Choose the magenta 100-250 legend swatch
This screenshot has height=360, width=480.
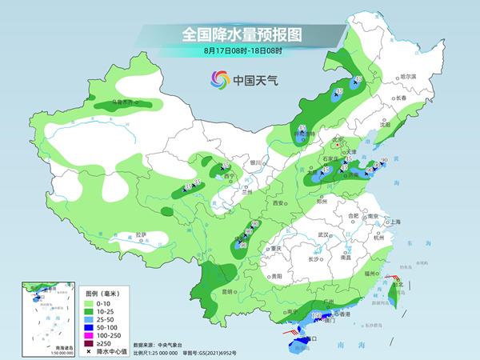pos(88,334)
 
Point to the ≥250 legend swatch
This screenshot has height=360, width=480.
pos(88,342)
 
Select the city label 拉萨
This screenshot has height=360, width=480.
pos(141,234)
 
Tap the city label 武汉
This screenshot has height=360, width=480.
pos(323,234)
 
